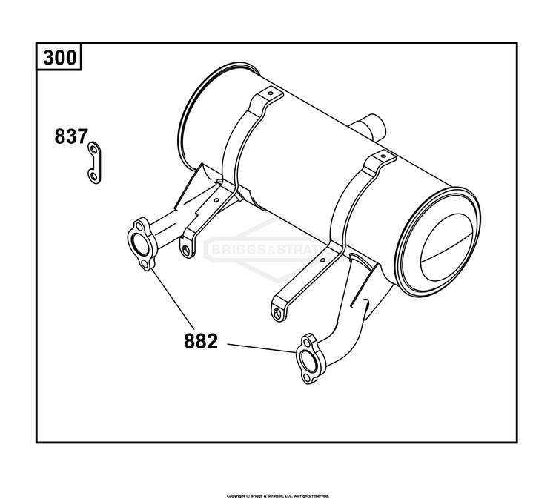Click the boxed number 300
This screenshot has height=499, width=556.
pyautogui.click(x=60, y=58)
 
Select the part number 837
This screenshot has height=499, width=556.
pyautogui.click(x=70, y=137)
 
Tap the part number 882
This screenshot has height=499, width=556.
pyautogui.click(x=201, y=342)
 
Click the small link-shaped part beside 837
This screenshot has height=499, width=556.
pyautogui.click(x=94, y=162)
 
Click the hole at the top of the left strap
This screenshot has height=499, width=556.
pyautogui.click(x=271, y=95)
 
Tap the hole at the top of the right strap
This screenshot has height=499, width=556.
pyautogui.click(x=383, y=158)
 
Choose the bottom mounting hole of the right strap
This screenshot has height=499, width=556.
pyautogui.click(x=278, y=313)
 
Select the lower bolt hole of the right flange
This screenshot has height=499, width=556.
pyautogui.click(x=307, y=380)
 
